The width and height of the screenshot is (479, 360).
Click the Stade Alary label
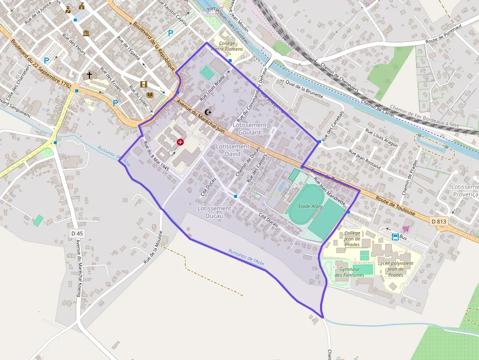(310, 207)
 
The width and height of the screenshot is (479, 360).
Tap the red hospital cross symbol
(180, 142)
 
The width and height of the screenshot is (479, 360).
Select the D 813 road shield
(439, 221)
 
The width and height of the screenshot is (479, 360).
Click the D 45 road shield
(77, 233)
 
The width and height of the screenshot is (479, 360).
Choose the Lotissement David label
(233, 150)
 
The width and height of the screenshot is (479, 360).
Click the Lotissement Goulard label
(250, 128)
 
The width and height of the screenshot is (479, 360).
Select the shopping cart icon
(406, 228)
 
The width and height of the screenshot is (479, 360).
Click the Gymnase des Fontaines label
(349, 272)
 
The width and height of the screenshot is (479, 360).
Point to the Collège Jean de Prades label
(352, 238)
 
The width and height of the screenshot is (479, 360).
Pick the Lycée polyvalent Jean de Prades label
(395, 269)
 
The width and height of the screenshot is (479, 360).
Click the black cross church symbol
(89, 75)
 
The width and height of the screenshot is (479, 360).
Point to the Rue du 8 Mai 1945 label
(156, 156)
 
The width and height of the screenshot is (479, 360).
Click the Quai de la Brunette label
(305, 89)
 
